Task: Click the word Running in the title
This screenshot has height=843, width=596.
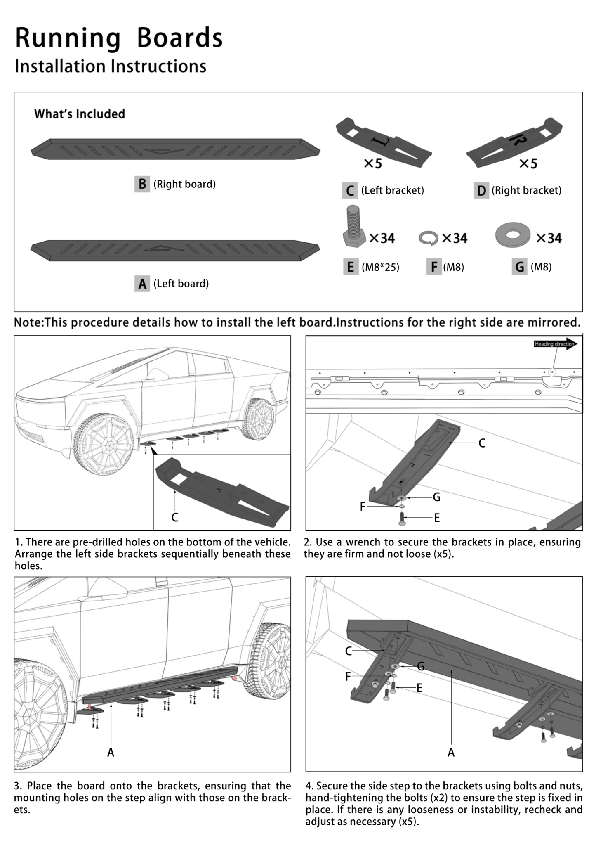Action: [68, 38]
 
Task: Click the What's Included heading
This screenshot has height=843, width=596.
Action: [79, 114]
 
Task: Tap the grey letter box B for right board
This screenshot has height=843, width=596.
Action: [142, 184]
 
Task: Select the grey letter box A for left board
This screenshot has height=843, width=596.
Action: [142, 284]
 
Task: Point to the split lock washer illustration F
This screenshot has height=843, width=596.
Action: [428, 238]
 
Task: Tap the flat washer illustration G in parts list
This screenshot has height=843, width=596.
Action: [513, 235]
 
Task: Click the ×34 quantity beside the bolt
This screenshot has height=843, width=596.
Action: [382, 238]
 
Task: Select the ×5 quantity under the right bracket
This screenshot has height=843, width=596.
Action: [528, 164]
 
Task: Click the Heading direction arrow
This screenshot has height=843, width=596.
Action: [555, 344]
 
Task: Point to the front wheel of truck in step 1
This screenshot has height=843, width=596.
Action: [104, 444]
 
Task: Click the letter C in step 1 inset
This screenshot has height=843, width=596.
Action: [174, 517]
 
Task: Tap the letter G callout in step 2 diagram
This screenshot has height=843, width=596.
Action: [436, 497]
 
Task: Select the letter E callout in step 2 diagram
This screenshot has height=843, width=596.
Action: [437, 518]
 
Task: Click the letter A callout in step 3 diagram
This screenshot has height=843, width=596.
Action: [111, 753]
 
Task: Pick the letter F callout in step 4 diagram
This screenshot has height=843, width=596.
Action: [348, 677]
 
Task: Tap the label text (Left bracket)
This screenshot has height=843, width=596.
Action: [392, 190]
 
